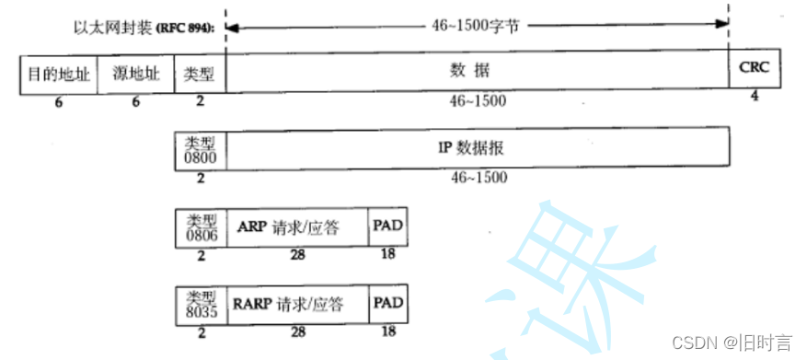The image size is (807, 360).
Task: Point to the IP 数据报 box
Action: (477, 148)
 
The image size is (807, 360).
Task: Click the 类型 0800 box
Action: (201, 148)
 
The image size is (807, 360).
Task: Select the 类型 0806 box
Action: (201, 227)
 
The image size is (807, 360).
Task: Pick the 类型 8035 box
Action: (201, 304)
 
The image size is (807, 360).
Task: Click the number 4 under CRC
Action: (755, 97)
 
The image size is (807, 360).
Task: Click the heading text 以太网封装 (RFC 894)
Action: (144, 28)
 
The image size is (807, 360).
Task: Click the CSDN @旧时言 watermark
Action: (732, 343)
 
